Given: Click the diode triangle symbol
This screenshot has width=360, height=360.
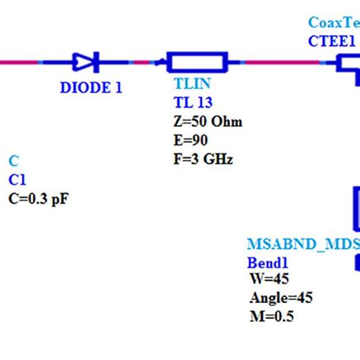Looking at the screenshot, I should click(x=82, y=62).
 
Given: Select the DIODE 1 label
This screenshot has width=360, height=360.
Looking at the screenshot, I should click(x=91, y=87).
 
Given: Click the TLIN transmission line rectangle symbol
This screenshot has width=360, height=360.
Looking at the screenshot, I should click(x=197, y=62).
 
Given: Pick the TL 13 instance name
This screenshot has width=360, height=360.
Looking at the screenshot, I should click(x=192, y=105).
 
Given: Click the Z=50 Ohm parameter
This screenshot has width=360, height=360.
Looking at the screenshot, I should click(x=208, y=122).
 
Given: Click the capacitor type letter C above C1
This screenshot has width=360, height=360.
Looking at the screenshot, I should click(x=13, y=161).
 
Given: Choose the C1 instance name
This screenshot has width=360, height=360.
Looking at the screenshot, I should click(x=17, y=180).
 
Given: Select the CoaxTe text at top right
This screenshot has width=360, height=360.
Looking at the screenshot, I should click(x=334, y=24).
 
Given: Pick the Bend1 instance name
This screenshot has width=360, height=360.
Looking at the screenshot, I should click(x=269, y=263).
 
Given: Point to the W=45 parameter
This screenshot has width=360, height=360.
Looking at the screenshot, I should click(x=269, y=280).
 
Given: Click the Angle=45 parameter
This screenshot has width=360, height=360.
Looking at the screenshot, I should click(x=281, y=298).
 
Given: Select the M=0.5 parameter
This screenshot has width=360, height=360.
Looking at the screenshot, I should click(x=272, y=317).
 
